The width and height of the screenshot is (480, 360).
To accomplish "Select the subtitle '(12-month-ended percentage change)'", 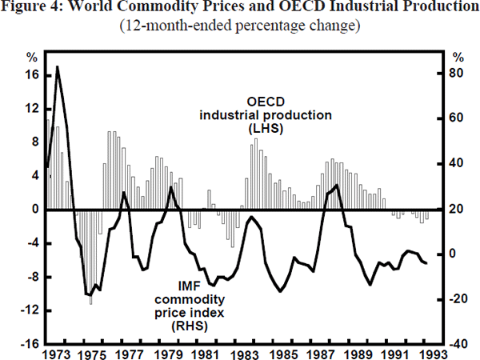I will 240,26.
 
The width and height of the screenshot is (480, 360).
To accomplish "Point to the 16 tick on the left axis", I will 32,74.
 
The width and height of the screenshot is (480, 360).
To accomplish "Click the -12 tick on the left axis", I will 30,310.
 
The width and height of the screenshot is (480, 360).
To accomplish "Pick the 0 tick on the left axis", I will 35,210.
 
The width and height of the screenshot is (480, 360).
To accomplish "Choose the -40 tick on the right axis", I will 457,344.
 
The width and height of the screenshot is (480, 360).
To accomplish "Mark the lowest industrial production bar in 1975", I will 90,303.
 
